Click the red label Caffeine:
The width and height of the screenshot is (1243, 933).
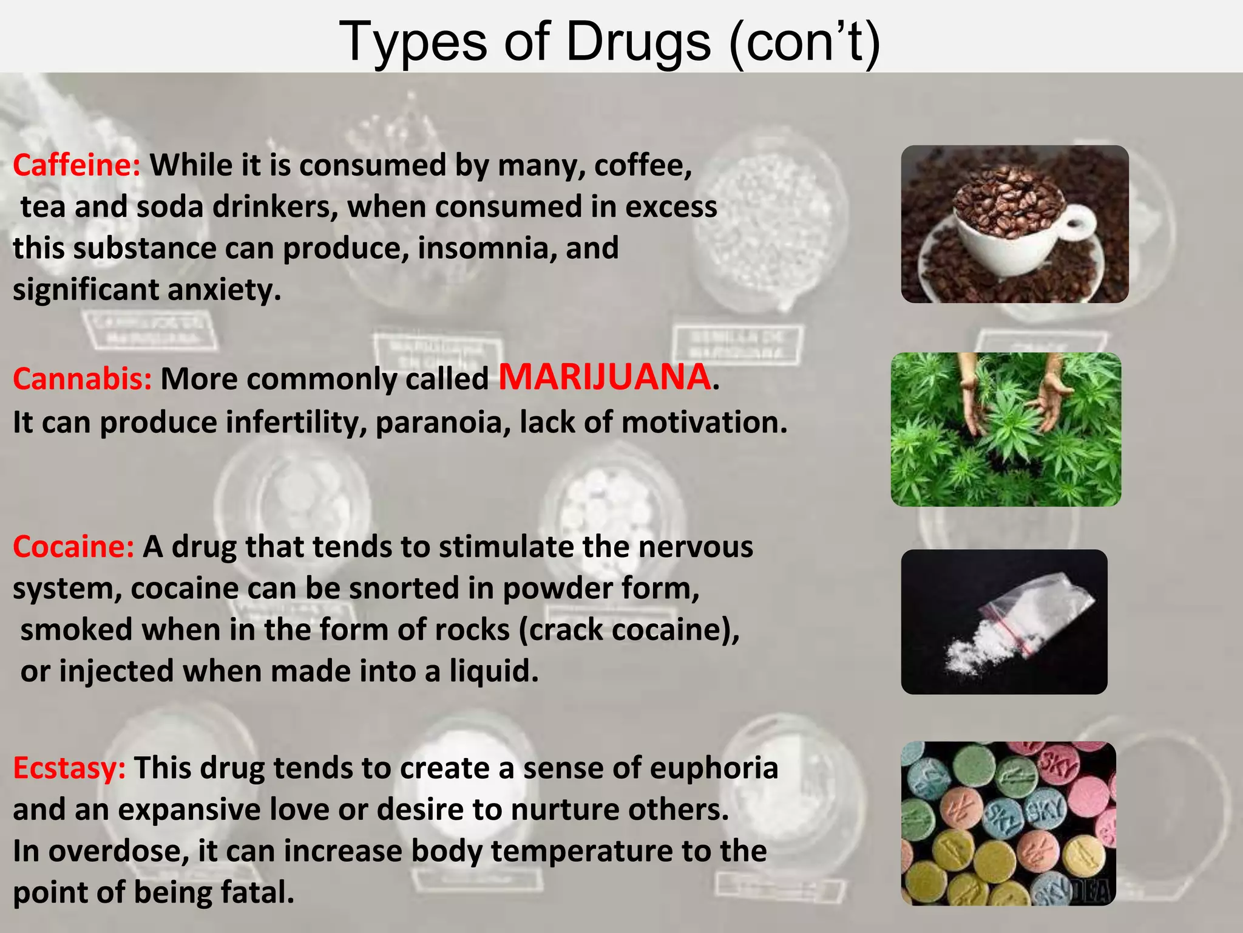click(76, 165)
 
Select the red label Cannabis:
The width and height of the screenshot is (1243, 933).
click(82, 379)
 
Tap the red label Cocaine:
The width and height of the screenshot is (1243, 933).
click(73, 547)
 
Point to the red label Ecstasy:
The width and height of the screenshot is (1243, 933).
click(69, 768)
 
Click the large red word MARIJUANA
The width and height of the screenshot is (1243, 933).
click(605, 377)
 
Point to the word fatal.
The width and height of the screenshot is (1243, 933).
click(257, 892)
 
